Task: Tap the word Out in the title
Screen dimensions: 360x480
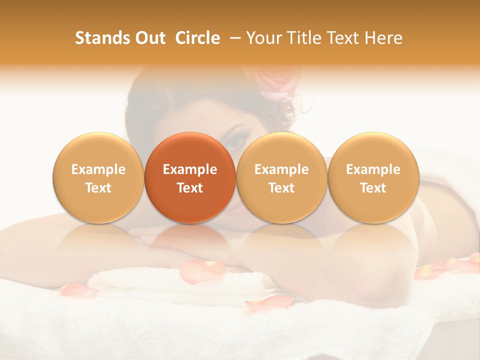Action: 149,38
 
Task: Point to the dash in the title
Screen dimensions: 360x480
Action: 233,38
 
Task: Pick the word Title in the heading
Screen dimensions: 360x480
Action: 306,38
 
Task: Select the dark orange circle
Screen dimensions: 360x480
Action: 190,177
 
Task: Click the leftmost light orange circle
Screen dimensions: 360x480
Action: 98,177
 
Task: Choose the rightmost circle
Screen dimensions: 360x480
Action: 373,177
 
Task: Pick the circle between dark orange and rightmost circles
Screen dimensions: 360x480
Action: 281,177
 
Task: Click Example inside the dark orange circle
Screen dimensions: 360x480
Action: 190,169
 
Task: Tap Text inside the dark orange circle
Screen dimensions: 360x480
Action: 190,188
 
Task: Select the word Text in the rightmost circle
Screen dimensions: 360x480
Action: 373,188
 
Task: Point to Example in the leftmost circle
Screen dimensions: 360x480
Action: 98,169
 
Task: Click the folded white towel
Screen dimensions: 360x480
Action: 150,285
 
